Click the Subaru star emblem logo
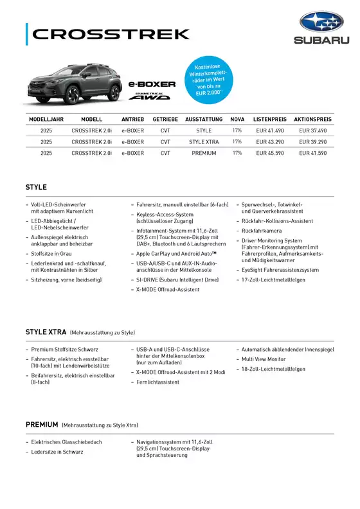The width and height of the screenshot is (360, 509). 321,22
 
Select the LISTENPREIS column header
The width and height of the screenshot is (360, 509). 270,120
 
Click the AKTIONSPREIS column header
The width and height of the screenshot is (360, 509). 312,120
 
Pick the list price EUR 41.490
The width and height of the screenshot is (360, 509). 270,130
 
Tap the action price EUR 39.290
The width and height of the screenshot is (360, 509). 312,141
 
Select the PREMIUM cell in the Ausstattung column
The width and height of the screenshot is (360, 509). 204,153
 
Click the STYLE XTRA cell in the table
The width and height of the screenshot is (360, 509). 204,141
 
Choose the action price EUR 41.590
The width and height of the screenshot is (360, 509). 312,153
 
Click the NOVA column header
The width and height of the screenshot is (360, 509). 237,120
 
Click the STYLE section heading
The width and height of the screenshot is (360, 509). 36,187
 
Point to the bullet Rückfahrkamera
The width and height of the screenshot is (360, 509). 261,230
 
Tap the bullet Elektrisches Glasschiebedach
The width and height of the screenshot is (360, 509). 66,442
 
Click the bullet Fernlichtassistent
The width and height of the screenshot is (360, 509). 157,382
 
